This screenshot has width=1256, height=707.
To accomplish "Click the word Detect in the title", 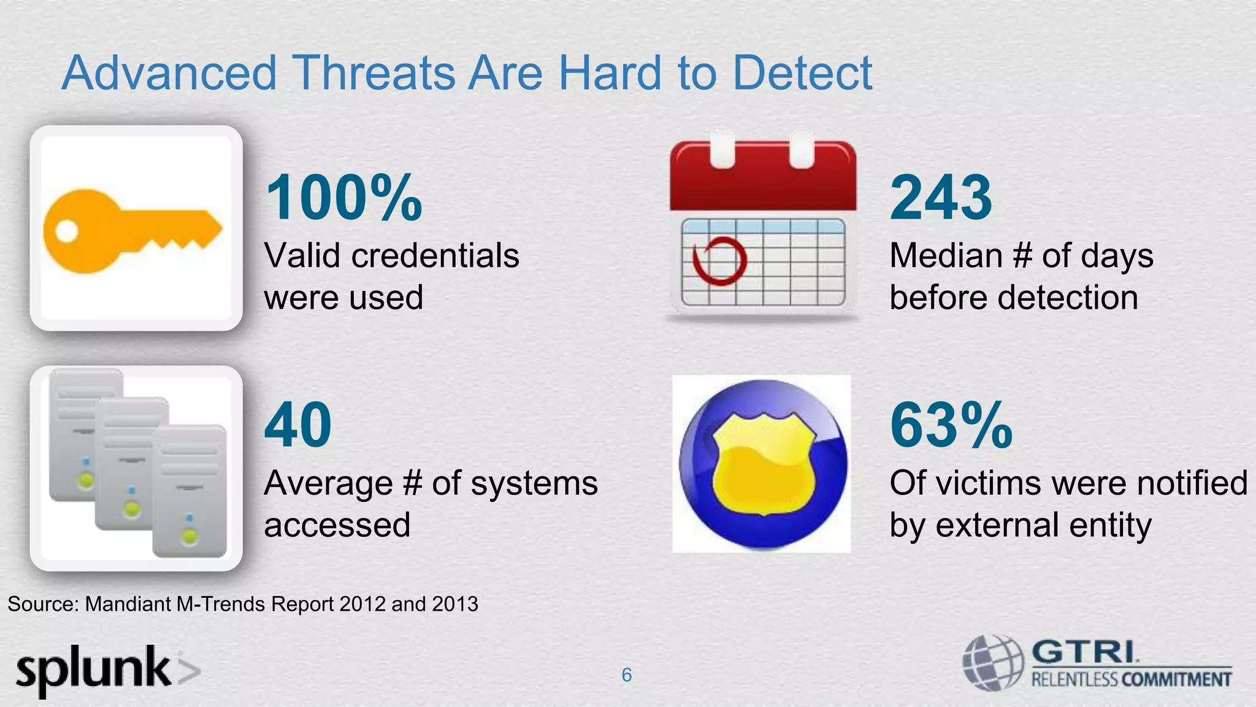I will pos(802,73).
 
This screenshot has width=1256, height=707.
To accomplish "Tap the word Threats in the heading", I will pos(373,73).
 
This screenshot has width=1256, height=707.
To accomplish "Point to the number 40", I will pos(298,425).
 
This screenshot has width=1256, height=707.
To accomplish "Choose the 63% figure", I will pos(951,425).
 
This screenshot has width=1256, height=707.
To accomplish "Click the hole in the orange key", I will pos(67,231).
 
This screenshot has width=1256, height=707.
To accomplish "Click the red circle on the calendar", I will pos(719,260).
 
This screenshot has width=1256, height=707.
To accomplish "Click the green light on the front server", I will pos(190,537).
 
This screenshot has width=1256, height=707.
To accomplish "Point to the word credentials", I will pos(435,255).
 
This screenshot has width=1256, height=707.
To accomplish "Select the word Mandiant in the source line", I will pos(128,605).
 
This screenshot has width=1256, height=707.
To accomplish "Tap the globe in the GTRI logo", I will pos(992,663).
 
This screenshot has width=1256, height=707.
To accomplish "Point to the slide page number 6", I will pos(626,675).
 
